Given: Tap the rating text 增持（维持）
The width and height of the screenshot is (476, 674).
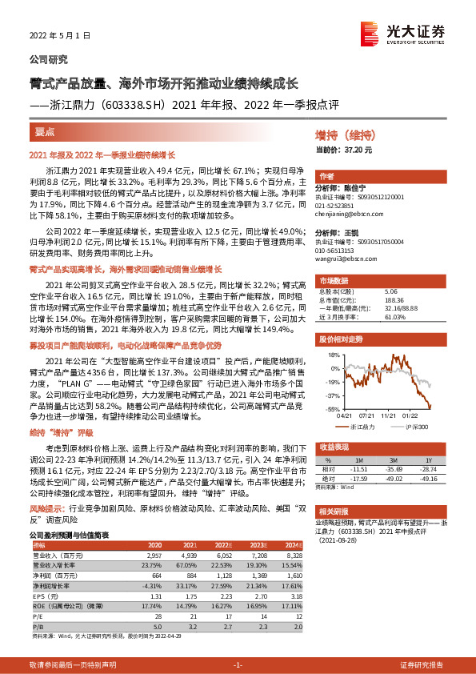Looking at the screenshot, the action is (346, 137).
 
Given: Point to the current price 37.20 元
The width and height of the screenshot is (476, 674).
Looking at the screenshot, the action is (355, 150).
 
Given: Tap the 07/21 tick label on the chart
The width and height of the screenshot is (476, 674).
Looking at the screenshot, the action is (368, 415).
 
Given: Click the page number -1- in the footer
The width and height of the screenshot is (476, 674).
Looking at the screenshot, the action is (237, 665).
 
